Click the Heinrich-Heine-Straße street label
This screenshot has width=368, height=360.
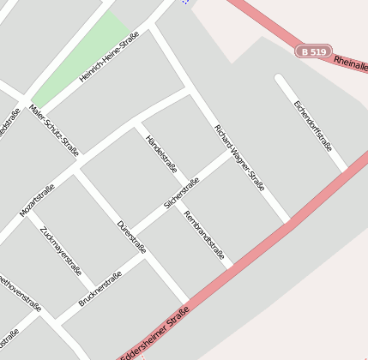(109, 57)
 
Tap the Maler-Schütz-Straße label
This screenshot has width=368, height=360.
(54, 130)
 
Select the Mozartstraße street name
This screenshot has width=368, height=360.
(37, 200)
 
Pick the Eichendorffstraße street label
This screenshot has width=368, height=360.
(312, 125)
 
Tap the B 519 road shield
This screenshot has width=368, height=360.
(314, 52)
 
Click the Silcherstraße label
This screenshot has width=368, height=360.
(182, 193)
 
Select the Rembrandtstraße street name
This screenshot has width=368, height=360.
(204, 235)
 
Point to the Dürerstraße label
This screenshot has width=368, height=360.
(131, 237)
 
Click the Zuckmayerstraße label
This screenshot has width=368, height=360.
(61, 251)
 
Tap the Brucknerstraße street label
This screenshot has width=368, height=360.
(100, 288)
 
